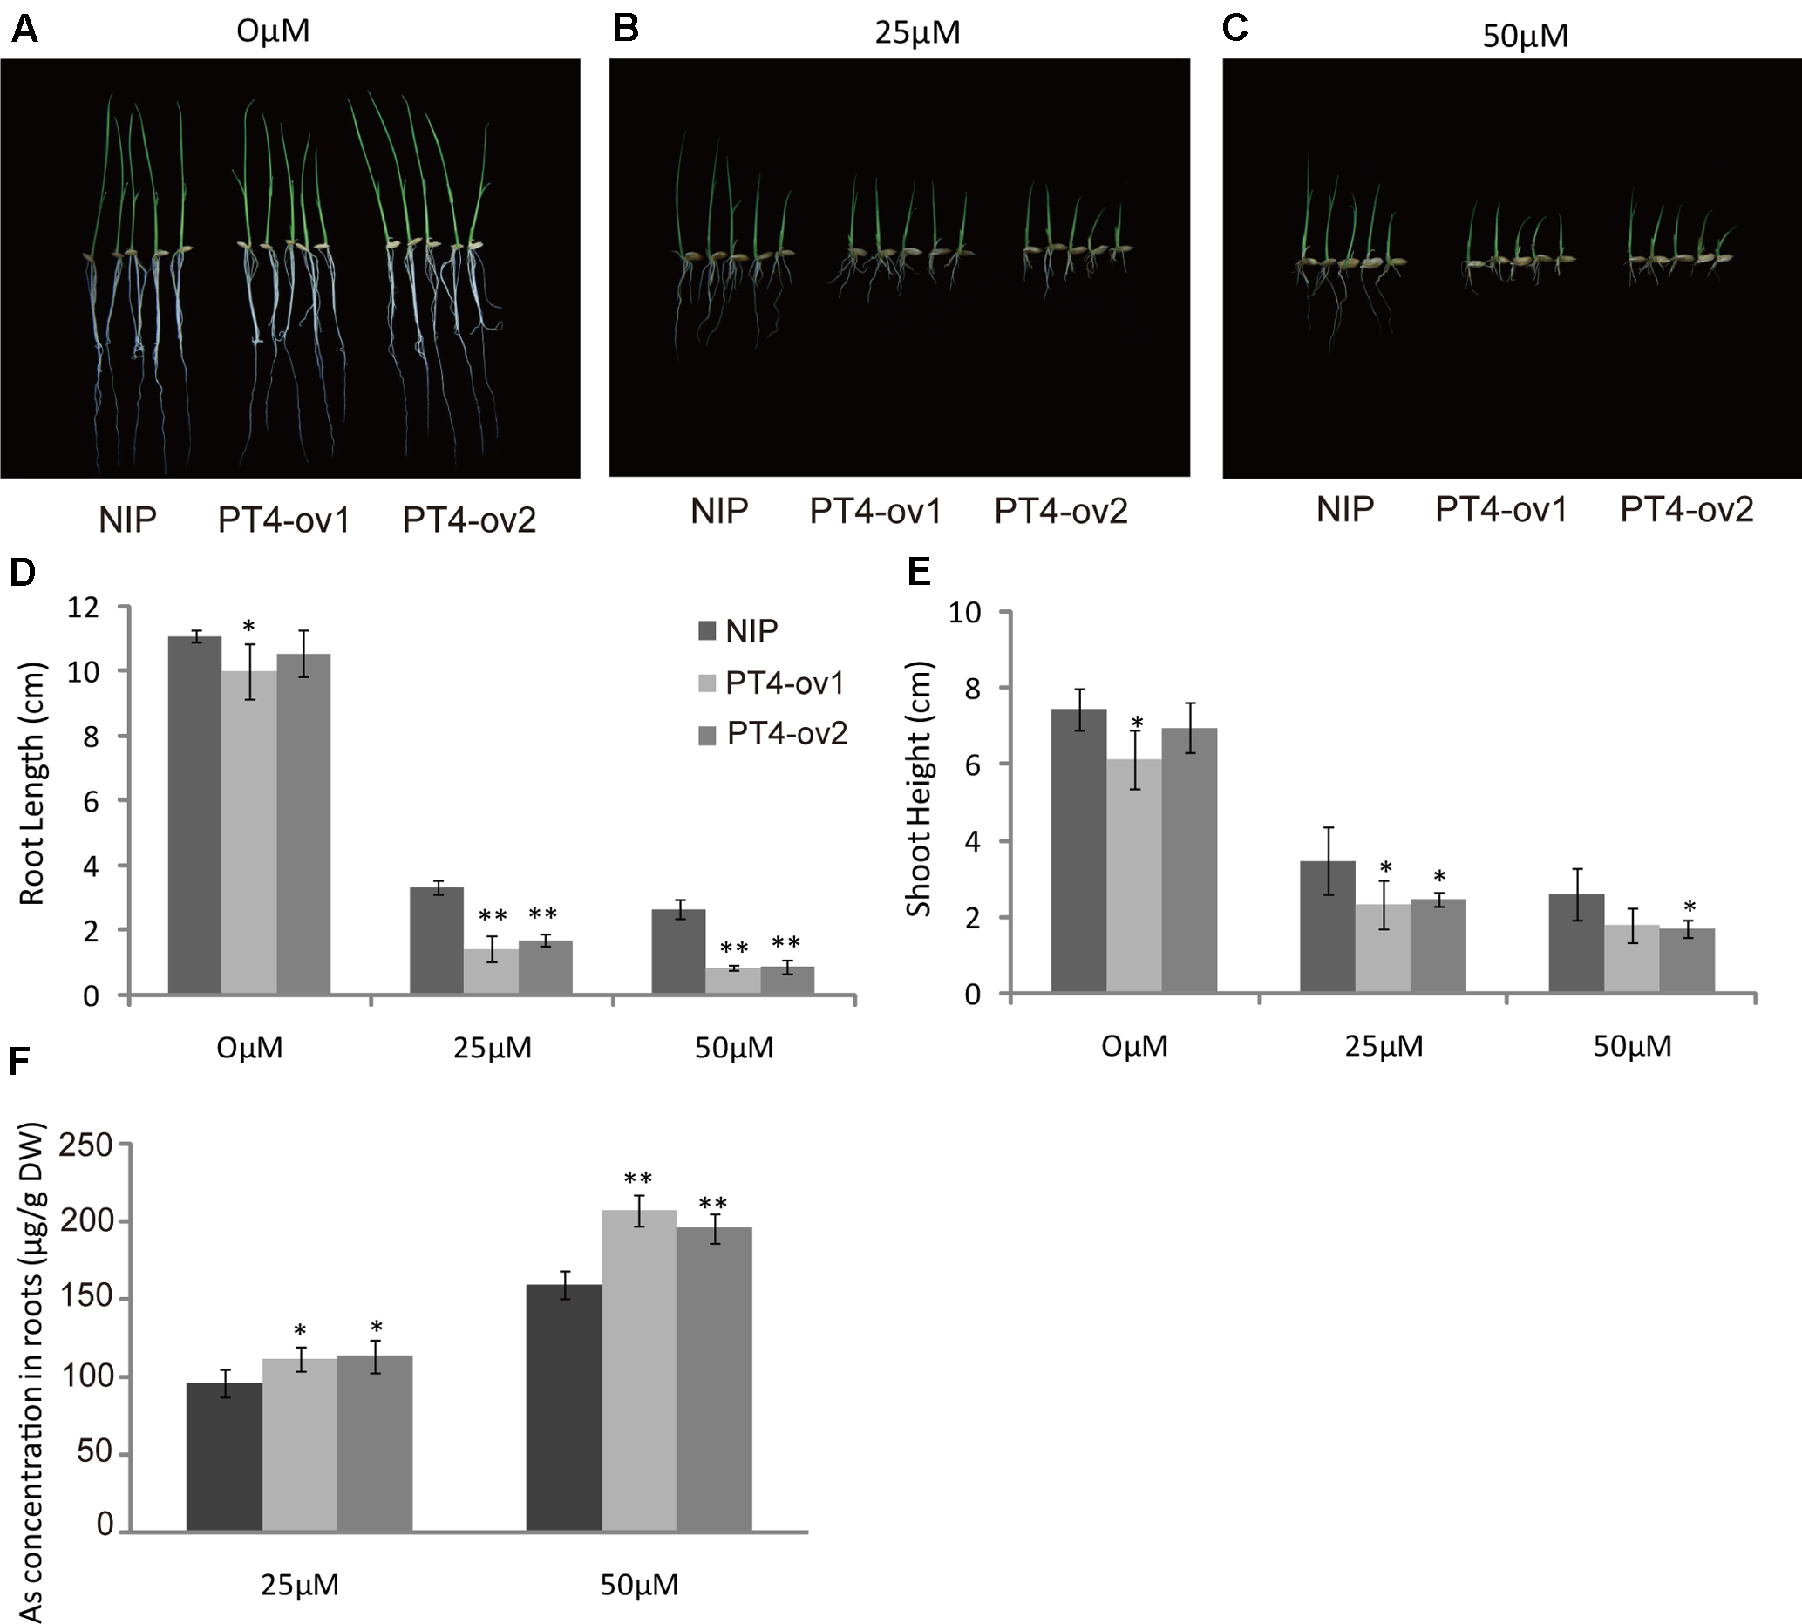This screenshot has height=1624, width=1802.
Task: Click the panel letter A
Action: (24, 30)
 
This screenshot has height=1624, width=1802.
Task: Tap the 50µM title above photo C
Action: (1525, 37)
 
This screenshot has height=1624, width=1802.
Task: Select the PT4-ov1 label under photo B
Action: (874, 512)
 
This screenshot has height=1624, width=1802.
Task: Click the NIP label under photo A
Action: (127, 520)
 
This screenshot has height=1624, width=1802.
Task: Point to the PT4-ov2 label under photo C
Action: (1686, 509)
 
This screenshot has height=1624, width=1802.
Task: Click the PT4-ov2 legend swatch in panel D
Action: (707, 735)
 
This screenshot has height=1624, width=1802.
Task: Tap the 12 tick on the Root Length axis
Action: (83, 608)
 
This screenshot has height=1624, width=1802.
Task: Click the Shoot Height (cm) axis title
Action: (918, 789)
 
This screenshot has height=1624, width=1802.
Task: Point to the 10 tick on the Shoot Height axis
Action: (964, 612)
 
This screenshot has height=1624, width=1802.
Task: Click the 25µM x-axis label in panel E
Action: (1384, 1046)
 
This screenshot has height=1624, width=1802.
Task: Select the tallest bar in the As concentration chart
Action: (638, 1369)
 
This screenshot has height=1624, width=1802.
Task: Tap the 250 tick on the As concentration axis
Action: (85, 1144)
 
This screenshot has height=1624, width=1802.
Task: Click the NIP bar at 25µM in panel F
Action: (224, 1457)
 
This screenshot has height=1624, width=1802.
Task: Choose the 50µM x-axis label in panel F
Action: (638, 1585)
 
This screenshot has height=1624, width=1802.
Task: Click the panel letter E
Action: (918, 571)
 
